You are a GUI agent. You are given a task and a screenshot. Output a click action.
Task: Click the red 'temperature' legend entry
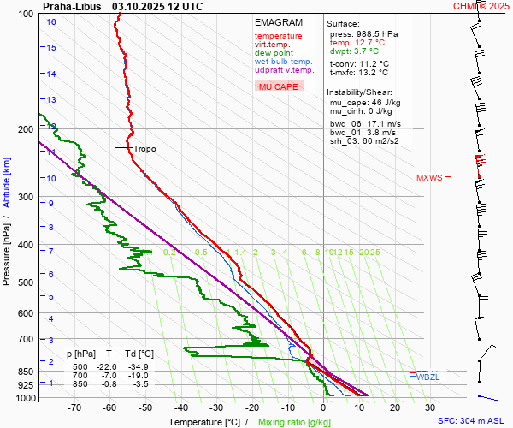[278, 36]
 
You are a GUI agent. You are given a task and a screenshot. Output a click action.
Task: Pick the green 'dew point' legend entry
[273, 53]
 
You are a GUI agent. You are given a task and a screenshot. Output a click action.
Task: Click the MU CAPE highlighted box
[278, 86]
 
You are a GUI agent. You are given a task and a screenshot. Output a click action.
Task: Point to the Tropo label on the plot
[144, 148]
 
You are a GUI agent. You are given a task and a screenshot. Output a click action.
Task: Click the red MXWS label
[429, 178]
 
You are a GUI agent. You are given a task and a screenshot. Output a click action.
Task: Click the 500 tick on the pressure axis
[25, 282]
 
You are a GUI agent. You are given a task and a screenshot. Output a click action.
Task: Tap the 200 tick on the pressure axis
[25, 129]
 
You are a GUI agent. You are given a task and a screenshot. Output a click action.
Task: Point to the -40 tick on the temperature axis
[181, 408]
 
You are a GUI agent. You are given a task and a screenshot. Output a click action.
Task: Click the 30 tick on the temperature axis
[429, 408]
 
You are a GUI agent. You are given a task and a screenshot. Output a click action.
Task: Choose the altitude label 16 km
[51, 22]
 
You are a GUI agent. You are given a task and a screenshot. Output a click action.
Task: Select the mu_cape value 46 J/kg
[381, 102]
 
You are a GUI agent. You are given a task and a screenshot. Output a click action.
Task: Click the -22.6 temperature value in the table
[106, 366]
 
